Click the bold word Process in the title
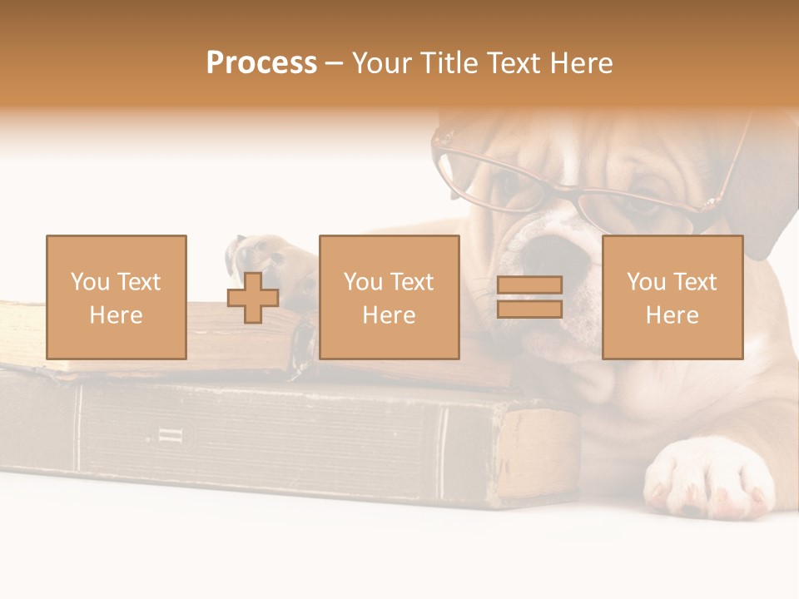(x=261, y=63)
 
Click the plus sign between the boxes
(x=253, y=298)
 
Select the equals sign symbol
(x=529, y=297)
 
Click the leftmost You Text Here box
(x=116, y=297)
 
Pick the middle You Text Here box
(x=389, y=297)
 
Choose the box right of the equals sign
(x=672, y=297)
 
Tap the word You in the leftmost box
(x=89, y=282)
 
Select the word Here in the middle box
(x=389, y=314)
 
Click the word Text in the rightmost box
(x=695, y=282)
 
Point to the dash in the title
(x=334, y=63)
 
